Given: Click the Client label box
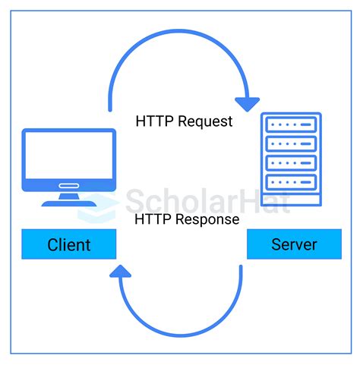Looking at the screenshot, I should [69, 244].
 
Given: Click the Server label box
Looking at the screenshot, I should [294, 244].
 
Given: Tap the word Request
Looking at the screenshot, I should [206, 121].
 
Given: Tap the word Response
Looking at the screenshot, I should [209, 219].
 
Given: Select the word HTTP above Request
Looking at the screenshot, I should [153, 121].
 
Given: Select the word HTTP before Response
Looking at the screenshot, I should [153, 219].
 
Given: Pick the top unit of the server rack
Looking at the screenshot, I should [289, 125].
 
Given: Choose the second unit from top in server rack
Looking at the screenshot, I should [289, 144].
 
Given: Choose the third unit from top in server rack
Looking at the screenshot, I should [289, 163].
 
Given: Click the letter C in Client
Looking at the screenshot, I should [52, 244].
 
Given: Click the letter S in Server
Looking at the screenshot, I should [276, 244].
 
